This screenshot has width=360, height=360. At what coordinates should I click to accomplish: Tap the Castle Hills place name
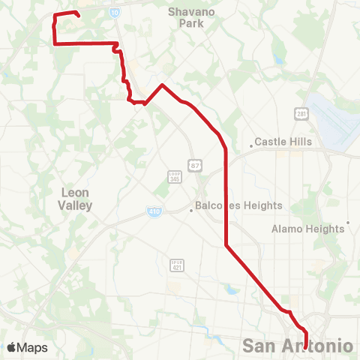point(283,141)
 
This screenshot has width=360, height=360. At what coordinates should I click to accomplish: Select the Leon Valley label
point(76,199)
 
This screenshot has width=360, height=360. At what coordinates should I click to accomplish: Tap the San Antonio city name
point(298,346)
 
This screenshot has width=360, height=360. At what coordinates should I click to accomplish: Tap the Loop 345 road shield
point(173,177)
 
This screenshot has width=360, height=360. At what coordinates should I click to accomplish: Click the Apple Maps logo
point(27,347)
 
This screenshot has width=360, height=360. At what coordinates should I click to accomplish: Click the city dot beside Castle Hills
point(252,146)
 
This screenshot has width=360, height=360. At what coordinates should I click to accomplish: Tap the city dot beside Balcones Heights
point(191,210)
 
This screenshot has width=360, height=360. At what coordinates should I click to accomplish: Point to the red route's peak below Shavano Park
point(162,85)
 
